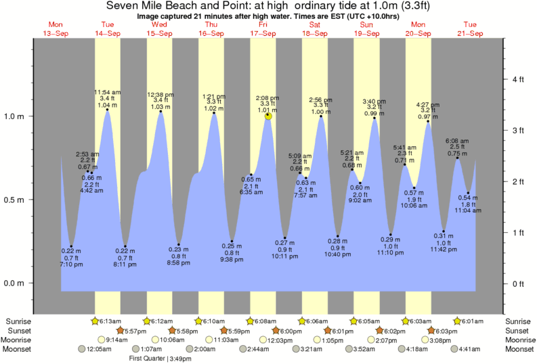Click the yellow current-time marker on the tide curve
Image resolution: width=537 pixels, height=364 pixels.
(x=269, y=116)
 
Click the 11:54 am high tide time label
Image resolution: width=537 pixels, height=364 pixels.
(x=107, y=92)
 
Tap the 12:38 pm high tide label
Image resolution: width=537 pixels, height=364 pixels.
(x=160, y=94)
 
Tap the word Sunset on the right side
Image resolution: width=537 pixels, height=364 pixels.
(x=519, y=330)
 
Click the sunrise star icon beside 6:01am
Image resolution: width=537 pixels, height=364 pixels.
(x=458, y=321)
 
